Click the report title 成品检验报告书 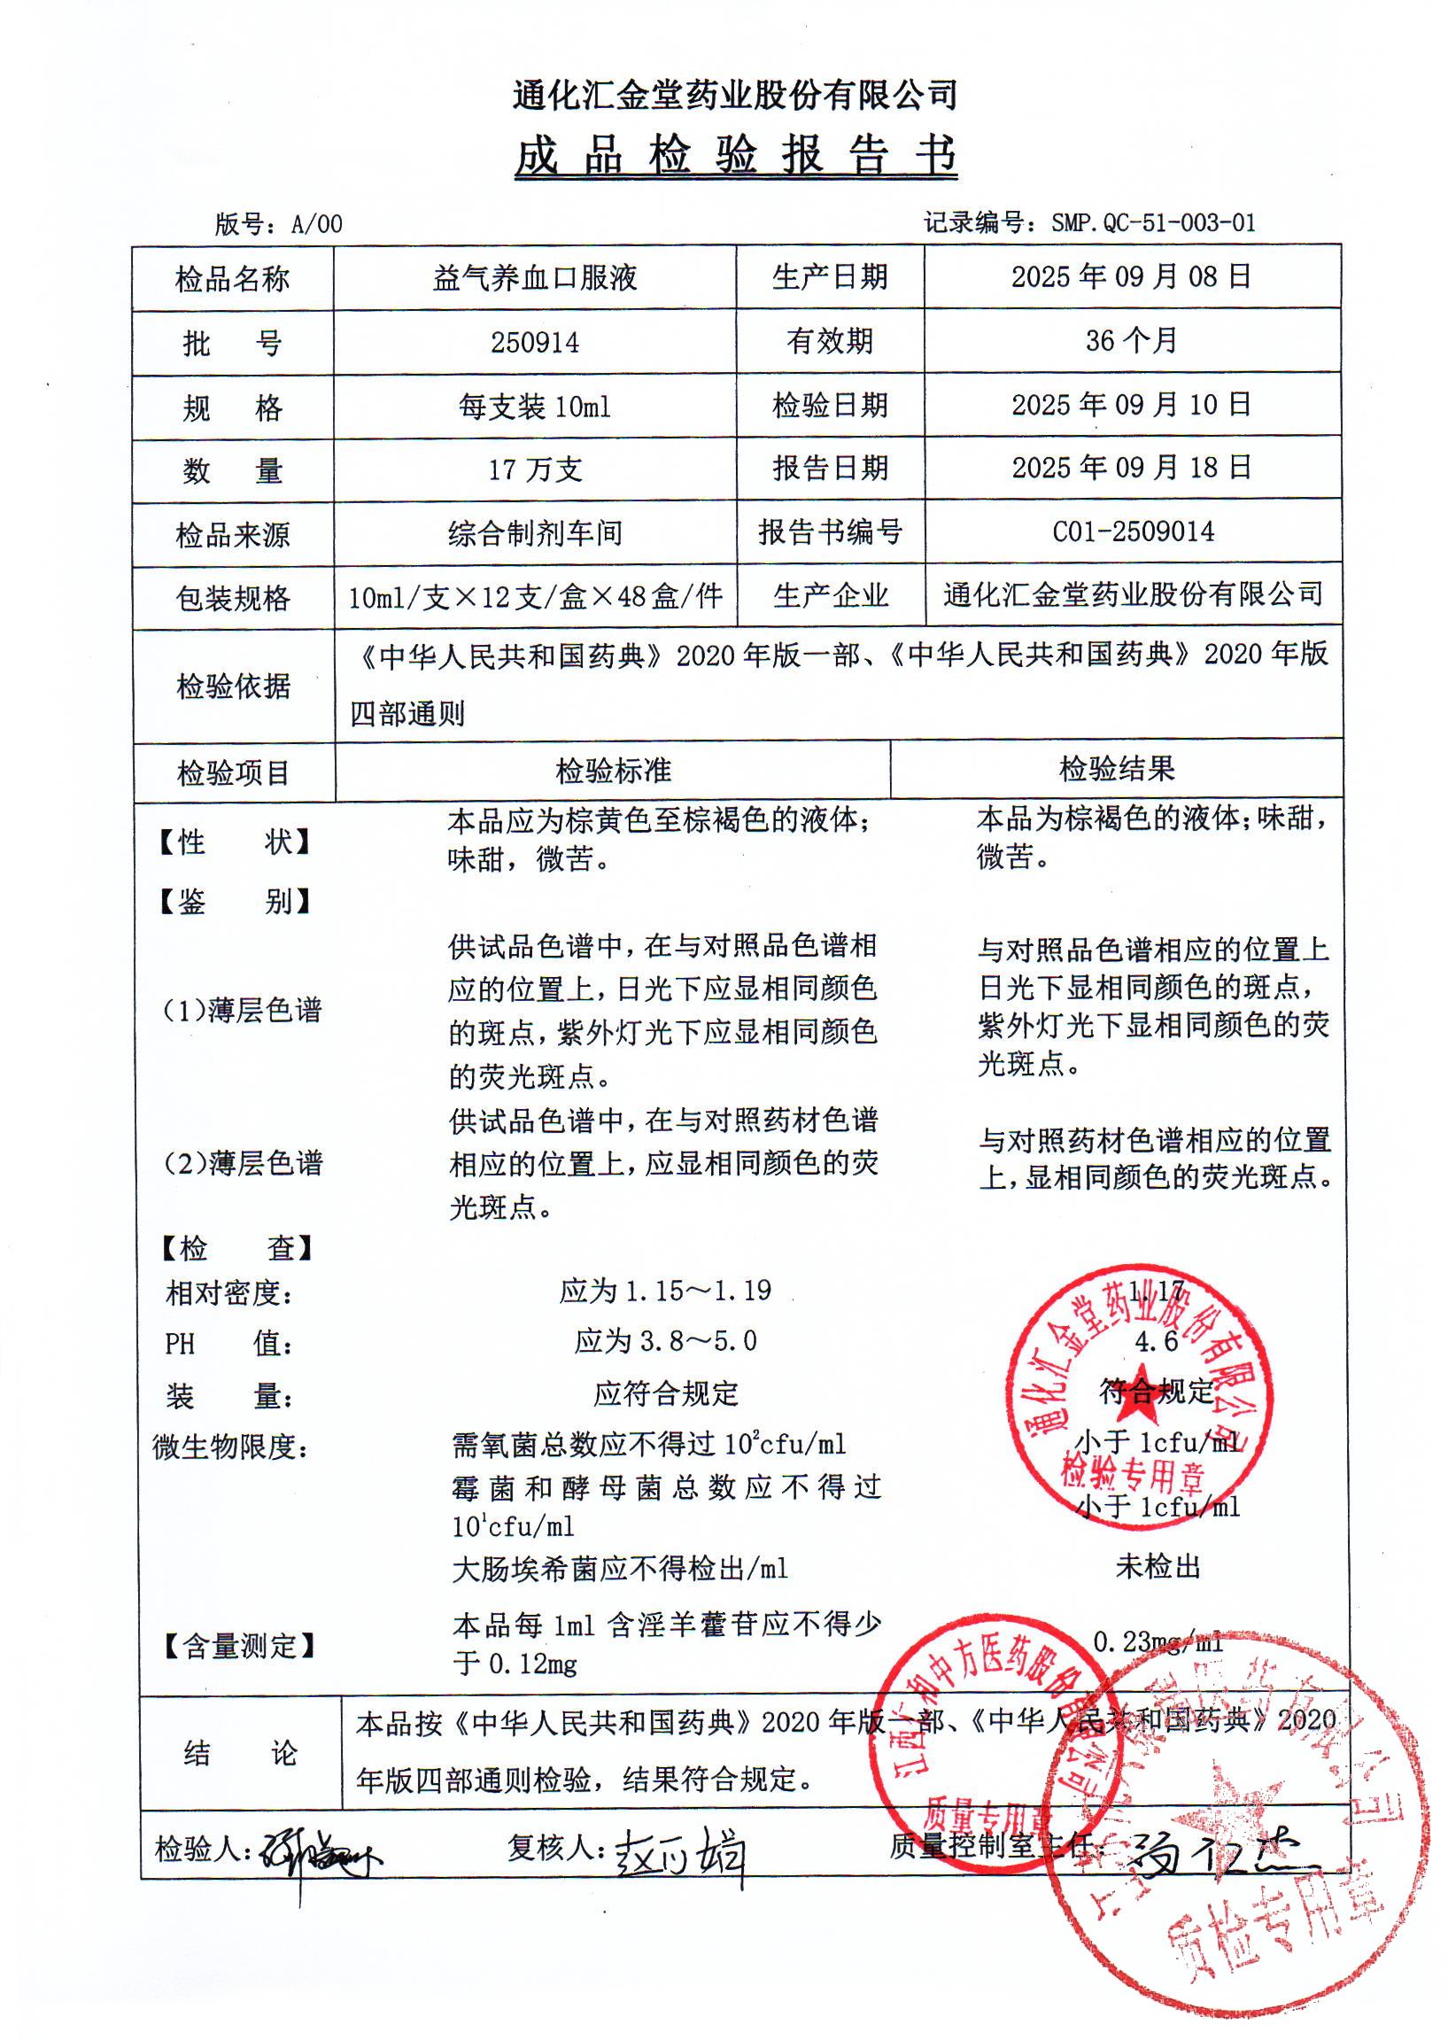[x=736, y=156]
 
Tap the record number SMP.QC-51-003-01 [x=1152, y=223]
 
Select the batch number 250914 [x=534, y=343]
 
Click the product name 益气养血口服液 [x=534, y=278]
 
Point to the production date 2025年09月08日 [x=1131, y=277]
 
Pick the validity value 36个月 [x=1131, y=341]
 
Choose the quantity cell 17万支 [x=534, y=469]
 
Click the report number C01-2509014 [x=1133, y=532]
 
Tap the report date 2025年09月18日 [x=1131, y=468]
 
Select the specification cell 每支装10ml [x=534, y=407]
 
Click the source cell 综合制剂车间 [x=534, y=534]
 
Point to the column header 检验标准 [x=613, y=772]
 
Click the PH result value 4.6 [x=1156, y=1342]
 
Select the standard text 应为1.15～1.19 [x=665, y=1291]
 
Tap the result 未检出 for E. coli [x=1158, y=1567]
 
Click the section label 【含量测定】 [x=239, y=1645]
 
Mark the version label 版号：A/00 [x=278, y=224]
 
